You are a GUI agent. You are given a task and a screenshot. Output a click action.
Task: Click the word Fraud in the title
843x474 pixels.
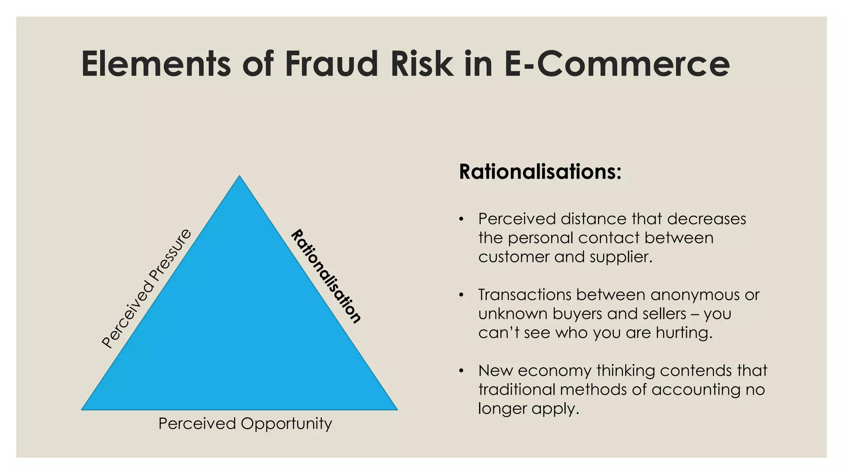331,64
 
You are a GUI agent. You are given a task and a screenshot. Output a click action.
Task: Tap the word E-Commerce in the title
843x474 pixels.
617,64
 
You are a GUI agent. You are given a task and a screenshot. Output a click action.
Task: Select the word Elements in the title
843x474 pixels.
156,64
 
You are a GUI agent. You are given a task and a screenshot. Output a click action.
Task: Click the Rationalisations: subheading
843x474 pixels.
540,172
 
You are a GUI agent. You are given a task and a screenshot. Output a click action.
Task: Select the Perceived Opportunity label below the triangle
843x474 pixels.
245,423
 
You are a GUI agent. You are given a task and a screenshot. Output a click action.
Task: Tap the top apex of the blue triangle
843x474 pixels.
240,177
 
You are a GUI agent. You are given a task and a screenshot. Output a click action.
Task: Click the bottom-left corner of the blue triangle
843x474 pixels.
83,409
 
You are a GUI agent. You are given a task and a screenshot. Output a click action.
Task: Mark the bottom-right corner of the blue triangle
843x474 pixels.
396,409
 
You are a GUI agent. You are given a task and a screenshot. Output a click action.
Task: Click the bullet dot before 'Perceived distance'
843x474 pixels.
461,219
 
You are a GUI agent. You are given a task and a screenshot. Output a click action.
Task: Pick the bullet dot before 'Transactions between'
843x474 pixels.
461,295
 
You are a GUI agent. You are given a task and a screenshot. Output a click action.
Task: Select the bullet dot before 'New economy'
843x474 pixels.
461,371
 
